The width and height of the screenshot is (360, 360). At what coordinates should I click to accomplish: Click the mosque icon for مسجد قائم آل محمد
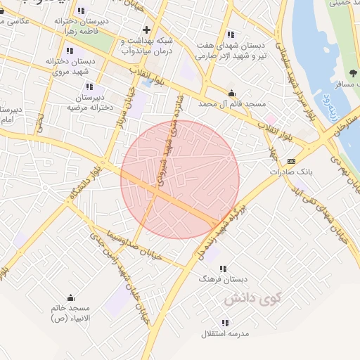point(231,94)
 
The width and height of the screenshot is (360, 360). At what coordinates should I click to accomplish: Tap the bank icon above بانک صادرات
point(292,160)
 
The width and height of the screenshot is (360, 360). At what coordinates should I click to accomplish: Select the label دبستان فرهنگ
point(223,279)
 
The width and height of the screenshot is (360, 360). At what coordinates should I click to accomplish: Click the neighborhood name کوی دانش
point(252,299)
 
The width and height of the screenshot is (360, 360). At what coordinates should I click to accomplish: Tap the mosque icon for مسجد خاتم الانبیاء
point(69,297)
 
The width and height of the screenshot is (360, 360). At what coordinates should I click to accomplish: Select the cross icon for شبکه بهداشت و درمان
point(146,30)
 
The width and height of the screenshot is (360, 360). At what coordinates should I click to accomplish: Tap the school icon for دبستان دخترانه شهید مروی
point(69,51)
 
